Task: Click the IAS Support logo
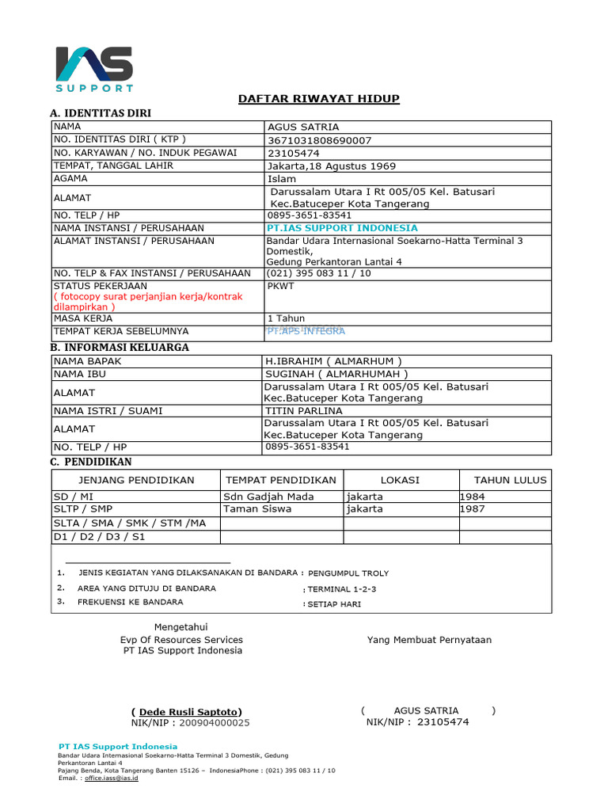[94, 69]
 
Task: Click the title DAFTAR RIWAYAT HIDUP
[319, 98]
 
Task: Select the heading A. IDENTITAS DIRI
[101, 113]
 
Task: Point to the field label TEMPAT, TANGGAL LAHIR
[113, 166]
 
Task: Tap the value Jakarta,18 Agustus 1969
[332, 166]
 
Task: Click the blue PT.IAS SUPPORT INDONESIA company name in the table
[342, 228]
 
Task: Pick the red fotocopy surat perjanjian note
[147, 302]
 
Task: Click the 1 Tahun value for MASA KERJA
[286, 318]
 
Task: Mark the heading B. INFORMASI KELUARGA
[120, 347]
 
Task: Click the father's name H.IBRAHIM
[333, 361]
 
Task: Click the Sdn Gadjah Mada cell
[269, 497]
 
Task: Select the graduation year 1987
[473, 509]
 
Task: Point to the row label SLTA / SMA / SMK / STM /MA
[129, 524]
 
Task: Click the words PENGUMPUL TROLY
[348, 573]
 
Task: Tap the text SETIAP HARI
[334, 604]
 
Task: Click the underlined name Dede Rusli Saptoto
[187, 711]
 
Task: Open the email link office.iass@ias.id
[112, 779]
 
